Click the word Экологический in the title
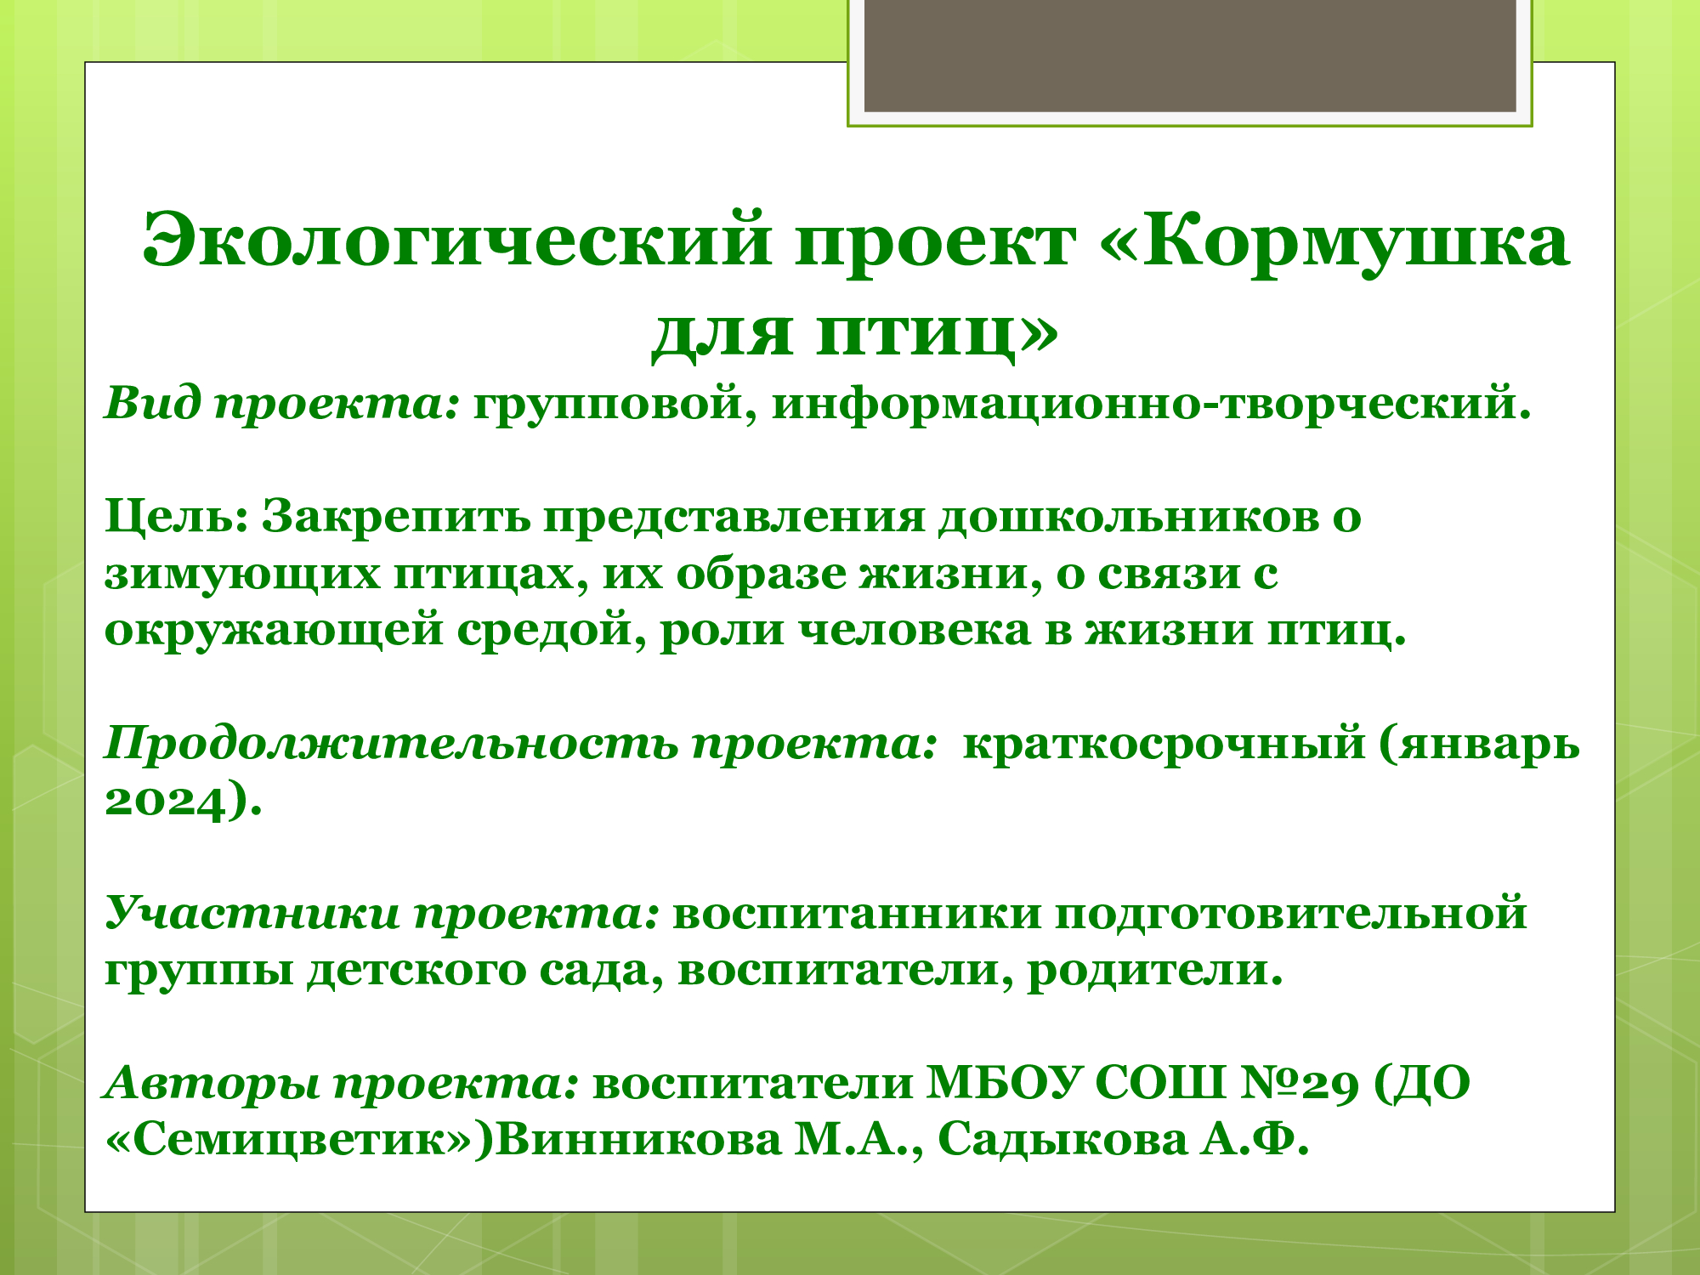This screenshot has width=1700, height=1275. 457,241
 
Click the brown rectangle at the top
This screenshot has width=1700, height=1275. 1190,55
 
